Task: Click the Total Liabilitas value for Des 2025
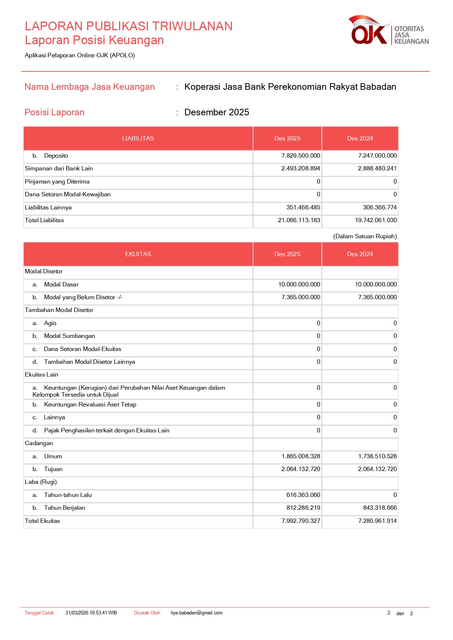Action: (299, 220)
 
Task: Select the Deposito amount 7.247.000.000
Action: (377, 156)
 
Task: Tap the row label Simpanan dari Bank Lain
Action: (59, 169)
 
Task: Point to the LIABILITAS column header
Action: (138, 139)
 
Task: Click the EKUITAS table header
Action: (138, 254)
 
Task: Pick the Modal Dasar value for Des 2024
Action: (376, 285)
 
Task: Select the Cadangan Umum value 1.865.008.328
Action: (301, 456)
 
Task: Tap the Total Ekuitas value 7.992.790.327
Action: (301, 521)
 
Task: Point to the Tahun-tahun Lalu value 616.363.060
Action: (303, 495)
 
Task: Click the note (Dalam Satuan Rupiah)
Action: (365, 236)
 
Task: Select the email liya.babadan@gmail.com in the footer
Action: (196, 613)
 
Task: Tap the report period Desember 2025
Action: (216, 112)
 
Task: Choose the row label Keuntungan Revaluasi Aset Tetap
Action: (90, 405)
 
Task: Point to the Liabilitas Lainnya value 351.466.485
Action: (303, 208)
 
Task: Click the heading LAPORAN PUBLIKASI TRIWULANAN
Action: (128, 26)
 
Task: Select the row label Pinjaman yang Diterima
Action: (57, 182)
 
